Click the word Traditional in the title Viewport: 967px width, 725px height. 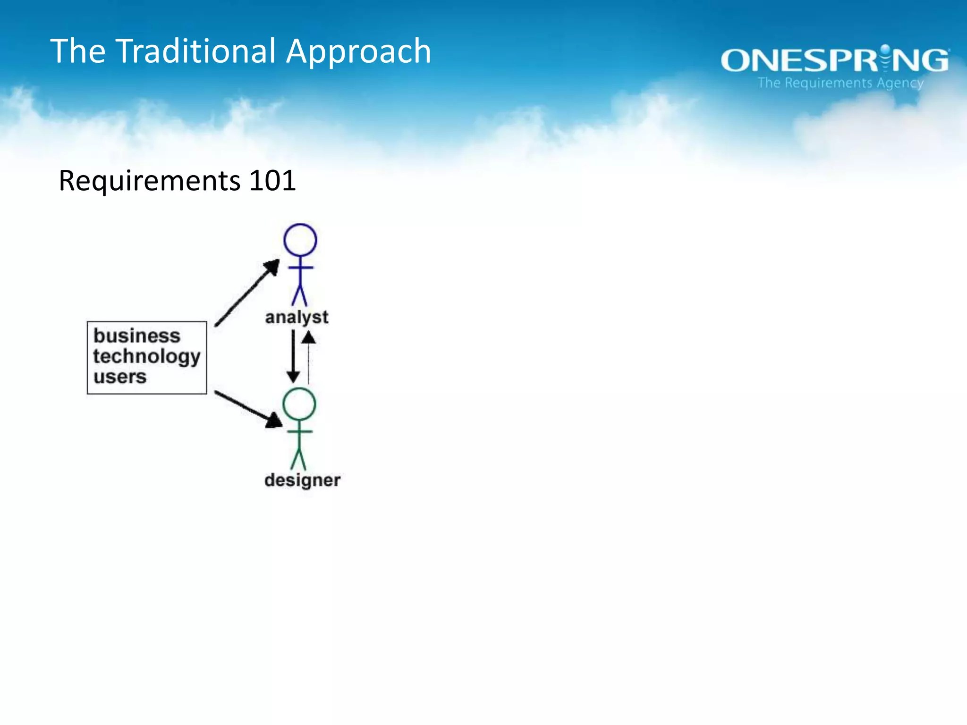coord(195,51)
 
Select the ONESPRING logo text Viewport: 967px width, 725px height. coord(834,60)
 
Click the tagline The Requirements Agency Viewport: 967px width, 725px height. coord(840,83)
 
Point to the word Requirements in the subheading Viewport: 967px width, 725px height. coord(150,181)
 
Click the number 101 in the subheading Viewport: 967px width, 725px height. coord(272,180)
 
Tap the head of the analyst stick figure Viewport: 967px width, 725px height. coord(300,240)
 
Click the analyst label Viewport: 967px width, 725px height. coord(297,317)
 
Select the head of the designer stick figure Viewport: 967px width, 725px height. coord(299,404)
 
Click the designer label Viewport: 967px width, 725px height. coord(302,481)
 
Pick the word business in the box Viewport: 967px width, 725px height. coord(137,336)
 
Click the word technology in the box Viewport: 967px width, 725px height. coord(147,357)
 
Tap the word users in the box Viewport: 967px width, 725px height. coord(120,377)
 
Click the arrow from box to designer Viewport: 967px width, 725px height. coord(248,409)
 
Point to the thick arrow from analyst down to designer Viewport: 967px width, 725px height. coord(293,356)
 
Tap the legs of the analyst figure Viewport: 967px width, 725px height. coord(299,295)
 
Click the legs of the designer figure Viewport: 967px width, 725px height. coord(298,459)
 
